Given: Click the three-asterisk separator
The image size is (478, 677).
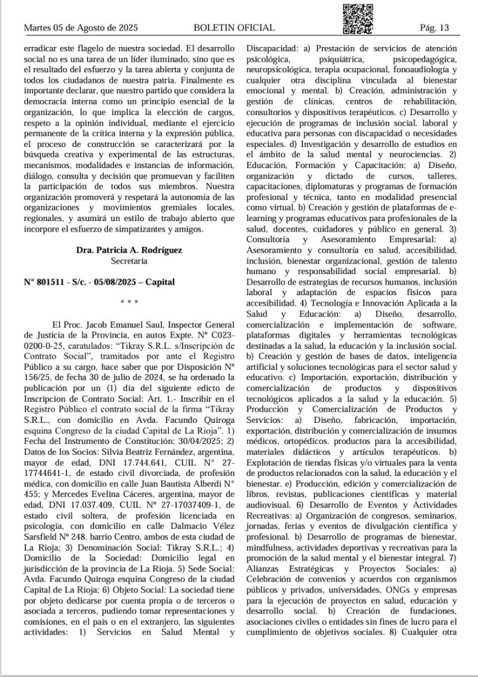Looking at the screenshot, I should (x=129, y=302).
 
